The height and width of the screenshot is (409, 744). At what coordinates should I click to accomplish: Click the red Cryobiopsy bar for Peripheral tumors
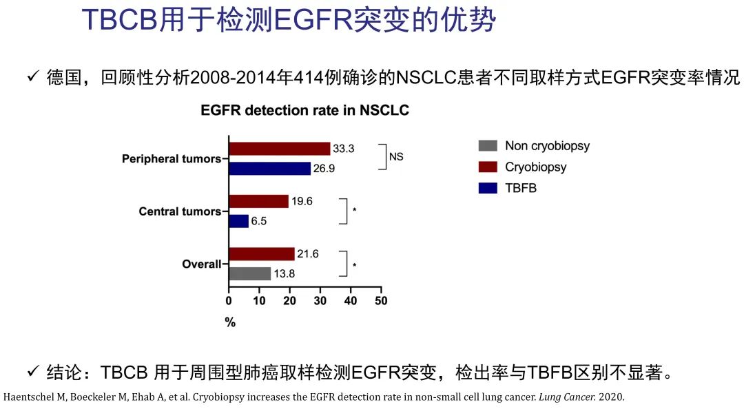tap(280, 149)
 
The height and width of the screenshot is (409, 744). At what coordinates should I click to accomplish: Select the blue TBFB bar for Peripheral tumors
tap(270, 169)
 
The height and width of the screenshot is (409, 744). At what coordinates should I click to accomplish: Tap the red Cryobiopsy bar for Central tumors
tap(259, 201)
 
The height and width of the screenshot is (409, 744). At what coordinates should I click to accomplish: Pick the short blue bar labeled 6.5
tap(239, 221)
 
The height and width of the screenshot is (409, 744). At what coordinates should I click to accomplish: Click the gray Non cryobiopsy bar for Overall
tap(250, 273)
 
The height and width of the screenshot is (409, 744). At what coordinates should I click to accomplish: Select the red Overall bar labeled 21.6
tap(262, 253)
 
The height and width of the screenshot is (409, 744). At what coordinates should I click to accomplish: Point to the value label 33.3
tap(344, 149)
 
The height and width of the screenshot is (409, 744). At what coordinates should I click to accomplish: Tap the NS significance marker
tap(396, 157)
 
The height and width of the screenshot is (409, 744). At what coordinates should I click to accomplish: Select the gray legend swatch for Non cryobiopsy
tap(488, 146)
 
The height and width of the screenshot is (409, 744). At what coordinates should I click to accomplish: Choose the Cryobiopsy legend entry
tap(535, 167)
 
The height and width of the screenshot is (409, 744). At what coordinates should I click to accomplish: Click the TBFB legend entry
tap(520, 187)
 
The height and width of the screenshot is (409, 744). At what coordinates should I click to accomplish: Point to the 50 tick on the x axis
tap(381, 301)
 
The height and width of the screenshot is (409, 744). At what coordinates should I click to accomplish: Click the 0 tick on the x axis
tap(229, 301)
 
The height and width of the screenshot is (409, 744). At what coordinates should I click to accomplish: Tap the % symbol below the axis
tap(230, 322)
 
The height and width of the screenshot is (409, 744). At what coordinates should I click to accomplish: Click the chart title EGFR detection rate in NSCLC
tap(304, 111)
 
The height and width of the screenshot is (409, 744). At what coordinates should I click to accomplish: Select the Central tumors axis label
tap(179, 211)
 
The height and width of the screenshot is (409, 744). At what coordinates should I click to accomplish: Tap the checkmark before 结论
tap(33, 373)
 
